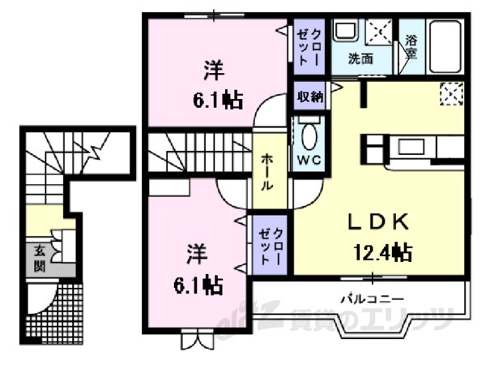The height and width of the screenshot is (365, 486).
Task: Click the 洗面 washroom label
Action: [x=360, y=58]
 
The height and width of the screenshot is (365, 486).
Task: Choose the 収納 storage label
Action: [x=309, y=97]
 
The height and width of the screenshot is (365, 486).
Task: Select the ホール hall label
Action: [x=266, y=172]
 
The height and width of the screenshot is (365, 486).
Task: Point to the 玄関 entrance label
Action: [x=39, y=258]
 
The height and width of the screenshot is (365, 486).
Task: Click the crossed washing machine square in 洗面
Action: [x=378, y=32]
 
